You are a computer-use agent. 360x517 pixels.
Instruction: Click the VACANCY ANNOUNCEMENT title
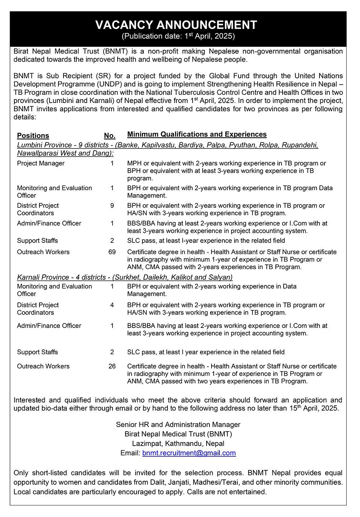[176, 25]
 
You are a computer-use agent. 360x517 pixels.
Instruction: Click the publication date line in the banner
[178, 36]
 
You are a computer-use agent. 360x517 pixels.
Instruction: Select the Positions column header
[33, 136]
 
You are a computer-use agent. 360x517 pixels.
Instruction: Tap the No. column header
[110, 136]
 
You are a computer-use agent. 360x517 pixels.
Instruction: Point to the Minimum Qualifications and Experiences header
[197, 135]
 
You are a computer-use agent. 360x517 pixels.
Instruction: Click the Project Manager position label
[41, 164]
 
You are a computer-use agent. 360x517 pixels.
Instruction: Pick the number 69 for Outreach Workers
[112, 252]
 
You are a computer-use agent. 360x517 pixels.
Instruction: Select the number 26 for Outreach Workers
[112, 366]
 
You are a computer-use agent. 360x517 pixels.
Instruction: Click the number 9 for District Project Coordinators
[112, 206]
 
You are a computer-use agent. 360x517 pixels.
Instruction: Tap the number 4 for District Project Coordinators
[112, 305]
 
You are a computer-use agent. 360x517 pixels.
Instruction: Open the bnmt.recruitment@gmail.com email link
[189, 453]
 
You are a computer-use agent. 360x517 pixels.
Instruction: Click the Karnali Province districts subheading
[125, 277]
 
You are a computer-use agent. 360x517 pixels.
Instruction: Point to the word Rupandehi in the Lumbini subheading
[299, 145]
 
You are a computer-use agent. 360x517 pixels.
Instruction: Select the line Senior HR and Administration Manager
[178, 425]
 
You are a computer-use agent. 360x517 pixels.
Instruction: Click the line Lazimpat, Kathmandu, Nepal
[178, 444]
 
